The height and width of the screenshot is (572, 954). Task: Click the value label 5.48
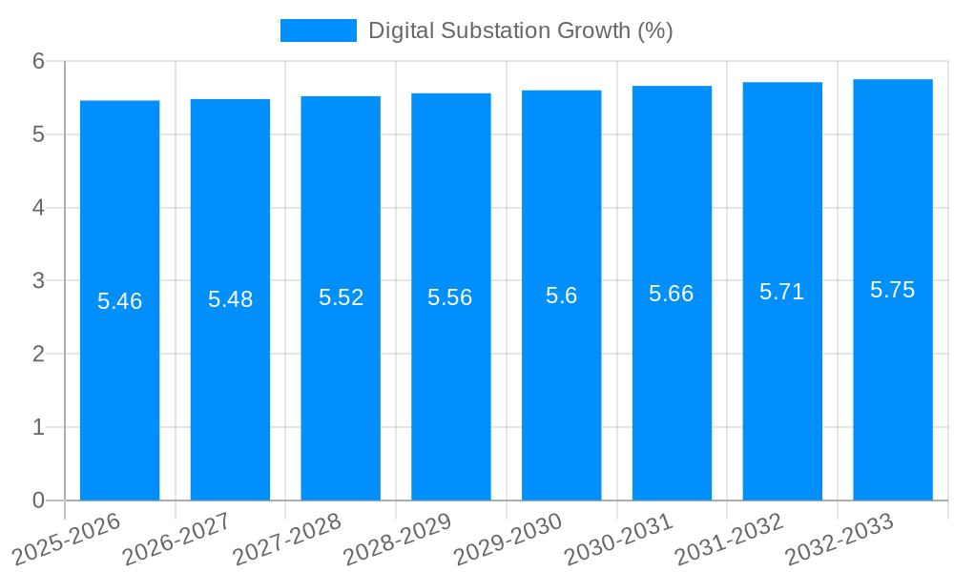coord(230,299)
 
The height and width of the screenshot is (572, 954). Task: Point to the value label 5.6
coord(562,296)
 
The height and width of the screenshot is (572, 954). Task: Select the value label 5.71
coord(782,292)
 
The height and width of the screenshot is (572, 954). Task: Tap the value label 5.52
coord(341,297)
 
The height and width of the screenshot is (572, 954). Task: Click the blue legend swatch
coord(318,31)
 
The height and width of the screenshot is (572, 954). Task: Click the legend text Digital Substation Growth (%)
coord(521,31)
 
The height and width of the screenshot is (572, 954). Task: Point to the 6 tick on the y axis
coord(39,61)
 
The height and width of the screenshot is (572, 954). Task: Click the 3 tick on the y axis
coord(39,281)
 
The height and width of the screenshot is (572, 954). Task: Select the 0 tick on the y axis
coord(39,500)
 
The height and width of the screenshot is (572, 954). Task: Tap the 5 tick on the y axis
coord(39,134)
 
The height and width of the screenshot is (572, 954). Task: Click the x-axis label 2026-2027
coord(177,539)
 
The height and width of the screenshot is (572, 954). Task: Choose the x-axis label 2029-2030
coord(508,539)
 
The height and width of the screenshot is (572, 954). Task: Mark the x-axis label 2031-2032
coord(730,539)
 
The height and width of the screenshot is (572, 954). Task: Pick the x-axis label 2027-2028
coord(288,539)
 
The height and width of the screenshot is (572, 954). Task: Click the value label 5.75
coord(893,290)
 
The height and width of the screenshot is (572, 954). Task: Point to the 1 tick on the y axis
coord(39,427)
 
